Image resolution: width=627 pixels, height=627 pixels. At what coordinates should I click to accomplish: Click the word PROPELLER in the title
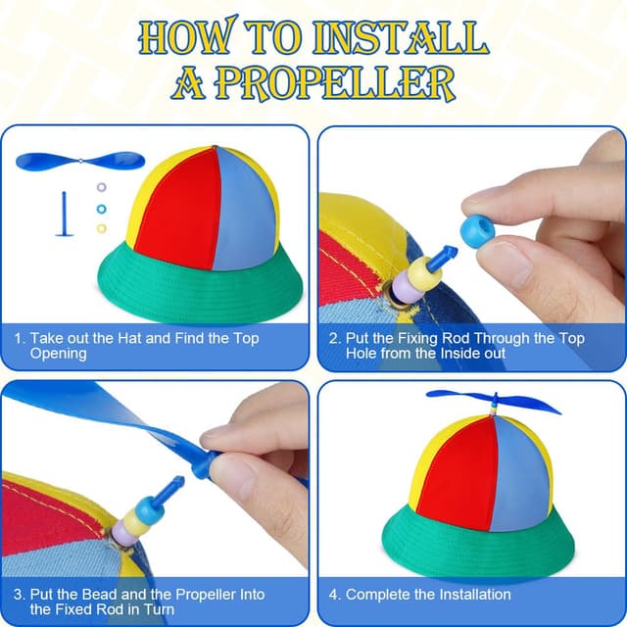[336, 83]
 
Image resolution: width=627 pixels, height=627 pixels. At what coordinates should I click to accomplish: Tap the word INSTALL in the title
[401, 37]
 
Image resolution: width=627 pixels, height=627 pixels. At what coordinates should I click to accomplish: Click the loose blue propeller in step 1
[80, 161]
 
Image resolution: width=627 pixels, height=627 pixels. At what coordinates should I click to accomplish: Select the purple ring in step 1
[102, 187]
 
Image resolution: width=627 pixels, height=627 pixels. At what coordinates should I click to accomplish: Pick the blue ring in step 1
[102, 209]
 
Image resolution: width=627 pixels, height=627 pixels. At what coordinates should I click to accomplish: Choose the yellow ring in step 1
[102, 228]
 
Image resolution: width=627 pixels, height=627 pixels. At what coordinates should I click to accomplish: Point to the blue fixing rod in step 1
[64, 214]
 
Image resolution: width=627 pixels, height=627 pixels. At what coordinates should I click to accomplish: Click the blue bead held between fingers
[477, 231]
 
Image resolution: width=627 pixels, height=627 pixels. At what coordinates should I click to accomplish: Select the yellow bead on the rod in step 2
[424, 274]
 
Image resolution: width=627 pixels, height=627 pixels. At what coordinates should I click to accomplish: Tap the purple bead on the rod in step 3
[123, 533]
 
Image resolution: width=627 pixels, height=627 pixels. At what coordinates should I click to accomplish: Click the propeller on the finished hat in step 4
[494, 401]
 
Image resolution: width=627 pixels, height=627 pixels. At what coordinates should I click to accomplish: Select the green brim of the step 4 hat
[478, 544]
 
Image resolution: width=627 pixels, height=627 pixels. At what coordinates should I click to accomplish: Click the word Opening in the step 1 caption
[59, 354]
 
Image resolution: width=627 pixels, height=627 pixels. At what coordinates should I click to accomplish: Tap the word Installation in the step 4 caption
[470, 595]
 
